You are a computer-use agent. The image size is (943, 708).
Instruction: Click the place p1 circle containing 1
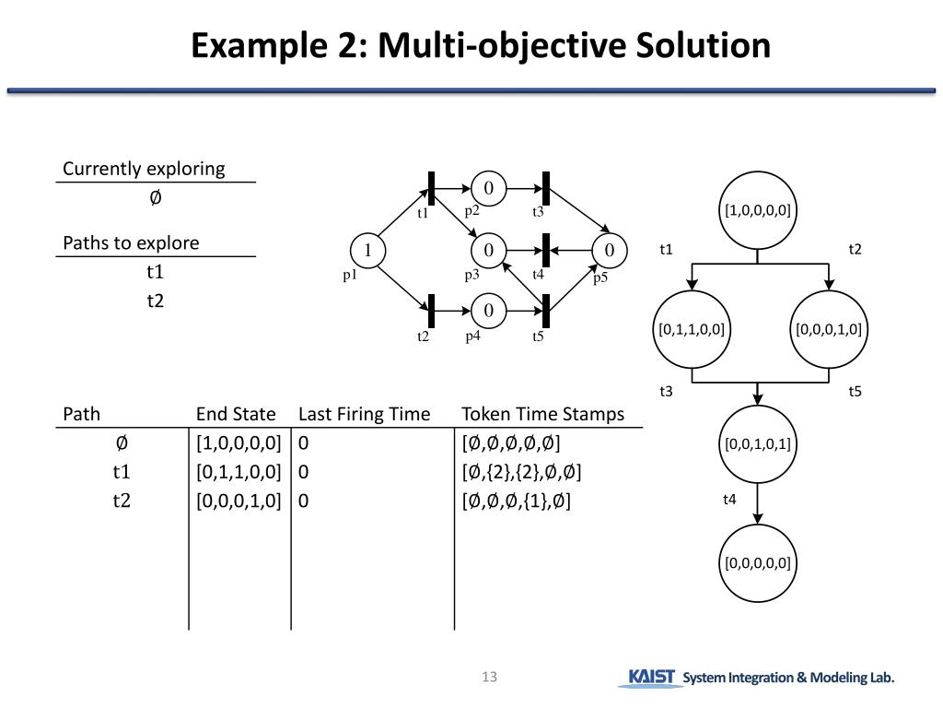coord(367,250)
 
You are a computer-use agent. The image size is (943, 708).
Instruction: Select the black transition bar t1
coord(431,189)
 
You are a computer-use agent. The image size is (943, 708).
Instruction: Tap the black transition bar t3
coord(546,189)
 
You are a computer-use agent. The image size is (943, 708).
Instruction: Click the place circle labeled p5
coord(609,250)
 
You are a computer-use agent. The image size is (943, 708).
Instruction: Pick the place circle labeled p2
coord(489,189)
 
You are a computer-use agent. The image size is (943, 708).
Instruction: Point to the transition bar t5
coord(546,311)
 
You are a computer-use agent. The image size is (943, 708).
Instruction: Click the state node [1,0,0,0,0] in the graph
coord(757,210)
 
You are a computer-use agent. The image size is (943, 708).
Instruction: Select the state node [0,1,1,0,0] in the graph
coord(691,329)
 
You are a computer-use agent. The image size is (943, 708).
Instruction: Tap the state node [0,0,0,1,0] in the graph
coord(829,329)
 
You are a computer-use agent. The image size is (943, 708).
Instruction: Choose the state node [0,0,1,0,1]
coord(757,443)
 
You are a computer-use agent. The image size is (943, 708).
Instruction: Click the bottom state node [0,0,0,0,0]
coord(757,562)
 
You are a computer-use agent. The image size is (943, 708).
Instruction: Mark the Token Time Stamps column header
coord(542,414)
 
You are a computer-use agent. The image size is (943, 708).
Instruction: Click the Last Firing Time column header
coord(364,414)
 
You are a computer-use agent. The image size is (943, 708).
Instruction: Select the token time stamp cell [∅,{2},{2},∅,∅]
coord(521,472)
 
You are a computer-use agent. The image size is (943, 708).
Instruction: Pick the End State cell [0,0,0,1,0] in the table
coord(239,501)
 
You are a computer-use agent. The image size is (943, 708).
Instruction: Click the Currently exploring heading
coord(144,169)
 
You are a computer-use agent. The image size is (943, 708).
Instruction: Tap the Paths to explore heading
coord(131,243)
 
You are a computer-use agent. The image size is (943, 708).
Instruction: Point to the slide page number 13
coord(489,678)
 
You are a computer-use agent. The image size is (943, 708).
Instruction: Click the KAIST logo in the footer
coord(652,678)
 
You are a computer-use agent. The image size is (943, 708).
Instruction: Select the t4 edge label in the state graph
coord(729,500)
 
